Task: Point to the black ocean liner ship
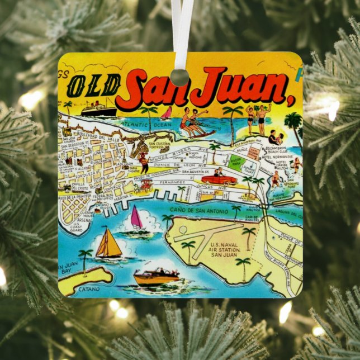click(x=98, y=108)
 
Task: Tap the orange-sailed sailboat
click(x=108, y=244)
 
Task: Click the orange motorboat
click(x=156, y=276)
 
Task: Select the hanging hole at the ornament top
click(x=179, y=76)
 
